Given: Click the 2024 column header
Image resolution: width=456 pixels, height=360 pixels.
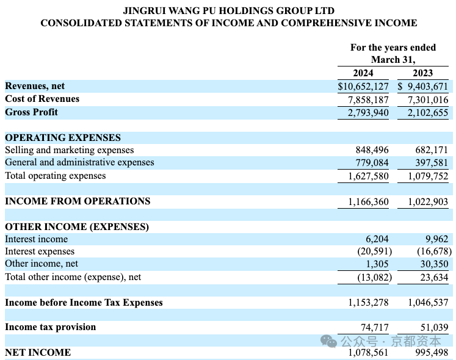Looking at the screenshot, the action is pyautogui.click(x=363, y=73).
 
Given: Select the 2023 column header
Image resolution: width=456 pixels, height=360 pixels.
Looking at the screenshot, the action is pyautogui.click(x=422, y=73).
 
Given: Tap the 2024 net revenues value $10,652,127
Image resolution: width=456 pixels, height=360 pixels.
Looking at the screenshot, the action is pyautogui.click(x=363, y=87).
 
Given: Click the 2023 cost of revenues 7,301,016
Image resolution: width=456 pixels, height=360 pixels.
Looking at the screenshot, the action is pyautogui.click(x=428, y=99).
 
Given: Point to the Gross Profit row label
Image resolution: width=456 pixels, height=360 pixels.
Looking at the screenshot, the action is pyautogui.click(x=31, y=112).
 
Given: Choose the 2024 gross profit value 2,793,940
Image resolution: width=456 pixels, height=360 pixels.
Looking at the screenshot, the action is pyautogui.click(x=368, y=112).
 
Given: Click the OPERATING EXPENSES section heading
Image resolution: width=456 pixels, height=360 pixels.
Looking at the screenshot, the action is pyautogui.click(x=63, y=137).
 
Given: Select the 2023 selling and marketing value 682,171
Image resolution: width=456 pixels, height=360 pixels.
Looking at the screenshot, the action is pyautogui.click(x=432, y=149).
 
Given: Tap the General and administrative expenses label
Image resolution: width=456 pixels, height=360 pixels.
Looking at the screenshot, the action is pyautogui.click(x=80, y=162).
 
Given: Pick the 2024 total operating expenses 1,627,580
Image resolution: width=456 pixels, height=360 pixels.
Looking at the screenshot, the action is pyautogui.click(x=368, y=176).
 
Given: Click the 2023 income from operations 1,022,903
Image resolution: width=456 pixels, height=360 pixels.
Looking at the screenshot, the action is pyautogui.click(x=428, y=201).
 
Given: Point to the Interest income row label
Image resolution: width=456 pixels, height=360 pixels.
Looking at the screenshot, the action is pyautogui.click(x=37, y=239).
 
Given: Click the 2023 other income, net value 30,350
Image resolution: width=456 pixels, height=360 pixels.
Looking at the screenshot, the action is pyautogui.click(x=434, y=264).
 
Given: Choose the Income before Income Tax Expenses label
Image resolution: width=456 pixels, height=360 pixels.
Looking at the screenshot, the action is pyautogui.click(x=84, y=303).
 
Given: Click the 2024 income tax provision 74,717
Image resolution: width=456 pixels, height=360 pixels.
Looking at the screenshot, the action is pyautogui.click(x=375, y=328).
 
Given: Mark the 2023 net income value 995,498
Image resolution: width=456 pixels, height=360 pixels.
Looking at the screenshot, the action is pyautogui.click(x=432, y=353).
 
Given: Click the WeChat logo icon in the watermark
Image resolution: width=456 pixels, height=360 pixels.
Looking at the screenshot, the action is pyautogui.click(x=328, y=341).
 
